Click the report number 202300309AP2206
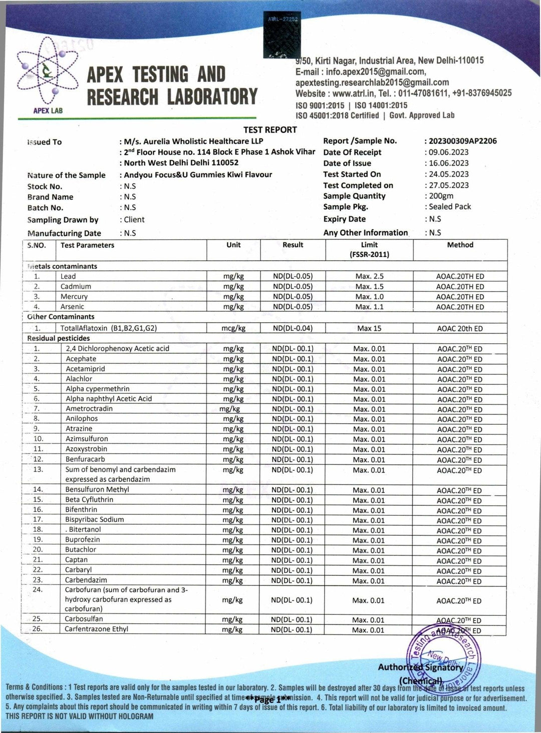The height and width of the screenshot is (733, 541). (x=462, y=141)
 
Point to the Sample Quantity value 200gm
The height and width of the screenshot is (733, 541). (x=441, y=196)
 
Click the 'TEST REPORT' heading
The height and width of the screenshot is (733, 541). (x=270, y=130)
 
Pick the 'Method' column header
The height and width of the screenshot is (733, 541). (x=460, y=245)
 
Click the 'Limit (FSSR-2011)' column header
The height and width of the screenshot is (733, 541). (x=369, y=249)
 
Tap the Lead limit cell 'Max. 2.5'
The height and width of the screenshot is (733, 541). (x=369, y=276)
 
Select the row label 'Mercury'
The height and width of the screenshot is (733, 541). (x=74, y=297)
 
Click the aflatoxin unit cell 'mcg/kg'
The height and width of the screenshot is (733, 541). (x=233, y=328)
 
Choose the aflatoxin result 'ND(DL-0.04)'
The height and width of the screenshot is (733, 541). (x=293, y=328)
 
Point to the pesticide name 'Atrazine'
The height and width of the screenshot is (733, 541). (x=79, y=429)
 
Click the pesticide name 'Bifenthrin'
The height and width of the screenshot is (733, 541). (x=81, y=509)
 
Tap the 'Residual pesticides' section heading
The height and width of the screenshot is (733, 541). (x=59, y=338)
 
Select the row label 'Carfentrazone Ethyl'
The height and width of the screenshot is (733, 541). (x=96, y=629)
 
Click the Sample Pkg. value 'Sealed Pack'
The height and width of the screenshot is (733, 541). (x=450, y=207)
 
